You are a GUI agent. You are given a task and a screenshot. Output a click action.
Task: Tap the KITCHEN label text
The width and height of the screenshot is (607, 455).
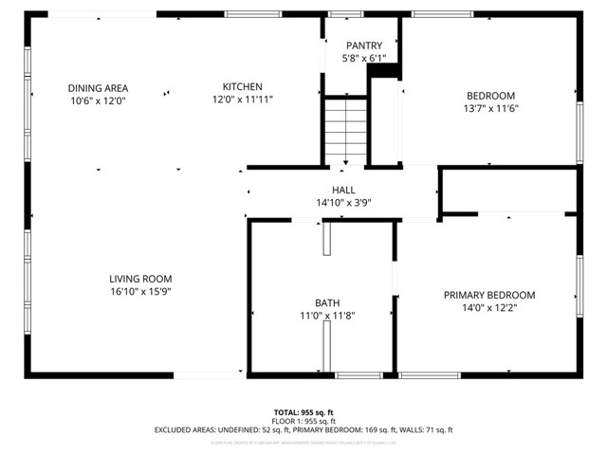pos(242,87)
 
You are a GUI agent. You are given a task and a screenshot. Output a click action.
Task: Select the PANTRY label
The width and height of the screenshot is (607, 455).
pos(363,45)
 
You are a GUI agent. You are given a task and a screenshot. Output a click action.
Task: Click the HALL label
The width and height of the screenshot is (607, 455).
pos(343,191)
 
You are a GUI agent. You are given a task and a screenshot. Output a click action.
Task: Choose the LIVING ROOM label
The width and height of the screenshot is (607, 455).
pos(139,279)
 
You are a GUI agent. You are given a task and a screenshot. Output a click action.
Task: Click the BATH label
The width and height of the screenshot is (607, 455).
pos(327,302)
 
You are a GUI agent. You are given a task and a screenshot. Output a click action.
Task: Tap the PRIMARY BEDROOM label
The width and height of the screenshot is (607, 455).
pos(489,295)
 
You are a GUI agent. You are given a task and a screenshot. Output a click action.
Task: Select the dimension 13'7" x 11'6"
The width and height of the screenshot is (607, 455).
pos(490,107)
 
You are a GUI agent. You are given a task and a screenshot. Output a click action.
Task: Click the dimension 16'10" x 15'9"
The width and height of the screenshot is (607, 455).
pos(139,292)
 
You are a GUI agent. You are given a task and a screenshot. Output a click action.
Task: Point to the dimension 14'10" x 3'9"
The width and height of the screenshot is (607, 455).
pos(343,203)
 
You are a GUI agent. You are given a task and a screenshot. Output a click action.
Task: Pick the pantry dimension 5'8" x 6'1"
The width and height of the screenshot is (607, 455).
pos(363,57)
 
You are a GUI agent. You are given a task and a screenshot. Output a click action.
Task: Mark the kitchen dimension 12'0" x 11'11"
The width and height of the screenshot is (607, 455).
pos(242,100)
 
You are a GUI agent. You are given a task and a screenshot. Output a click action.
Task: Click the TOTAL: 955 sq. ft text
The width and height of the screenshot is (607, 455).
pos(303,412)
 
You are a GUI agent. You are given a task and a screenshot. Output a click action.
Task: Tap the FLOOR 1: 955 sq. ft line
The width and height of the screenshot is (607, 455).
pos(303,421)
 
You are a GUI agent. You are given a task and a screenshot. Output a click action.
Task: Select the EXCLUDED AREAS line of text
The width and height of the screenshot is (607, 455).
pos(303,429)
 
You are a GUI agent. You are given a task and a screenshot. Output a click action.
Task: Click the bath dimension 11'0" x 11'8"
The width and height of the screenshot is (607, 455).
pos(327,316)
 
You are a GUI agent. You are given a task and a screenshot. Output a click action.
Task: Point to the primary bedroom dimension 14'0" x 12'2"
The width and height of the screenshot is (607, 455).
pos(489,308)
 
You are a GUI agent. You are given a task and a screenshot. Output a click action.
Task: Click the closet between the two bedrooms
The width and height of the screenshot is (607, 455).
pos(510,191)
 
